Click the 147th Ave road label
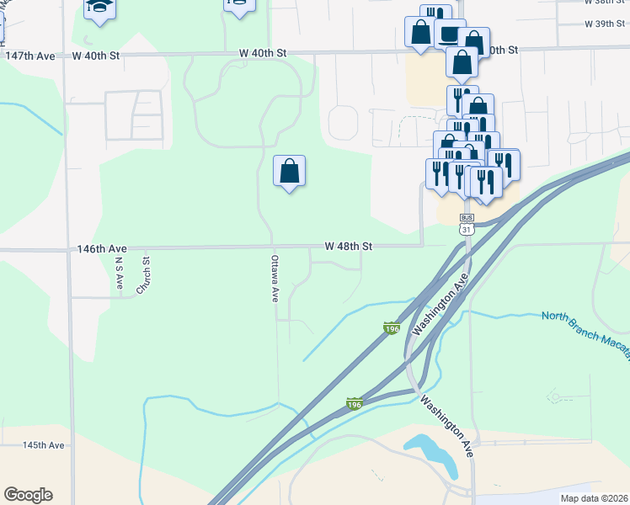point(30,56)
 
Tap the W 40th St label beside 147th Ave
point(96,56)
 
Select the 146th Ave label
point(101,249)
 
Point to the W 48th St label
point(349,247)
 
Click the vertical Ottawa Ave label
point(275,279)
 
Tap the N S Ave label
point(119,274)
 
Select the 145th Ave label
point(44,444)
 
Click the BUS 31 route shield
point(467,224)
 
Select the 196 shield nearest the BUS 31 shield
point(391,328)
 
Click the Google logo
point(28,495)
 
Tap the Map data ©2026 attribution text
point(594,498)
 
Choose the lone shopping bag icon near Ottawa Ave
point(289,171)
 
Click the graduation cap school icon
point(99,8)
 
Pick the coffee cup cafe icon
point(447,33)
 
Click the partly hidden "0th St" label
point(502,50)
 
